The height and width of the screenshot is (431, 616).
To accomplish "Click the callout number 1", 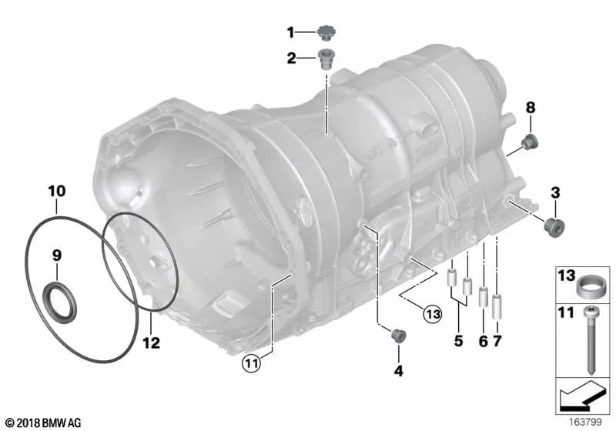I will point(291,32).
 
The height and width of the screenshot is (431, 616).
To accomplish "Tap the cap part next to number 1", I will point(325,32).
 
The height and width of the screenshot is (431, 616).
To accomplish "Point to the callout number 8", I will point(531,108).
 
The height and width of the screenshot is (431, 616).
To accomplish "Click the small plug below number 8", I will point(531,141).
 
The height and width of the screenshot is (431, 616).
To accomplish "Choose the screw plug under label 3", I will point(553,226).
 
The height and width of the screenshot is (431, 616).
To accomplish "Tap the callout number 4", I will point(398,370).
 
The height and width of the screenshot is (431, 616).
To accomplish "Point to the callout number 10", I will point(56,189).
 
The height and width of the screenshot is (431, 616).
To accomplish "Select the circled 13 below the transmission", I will point(433,313).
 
